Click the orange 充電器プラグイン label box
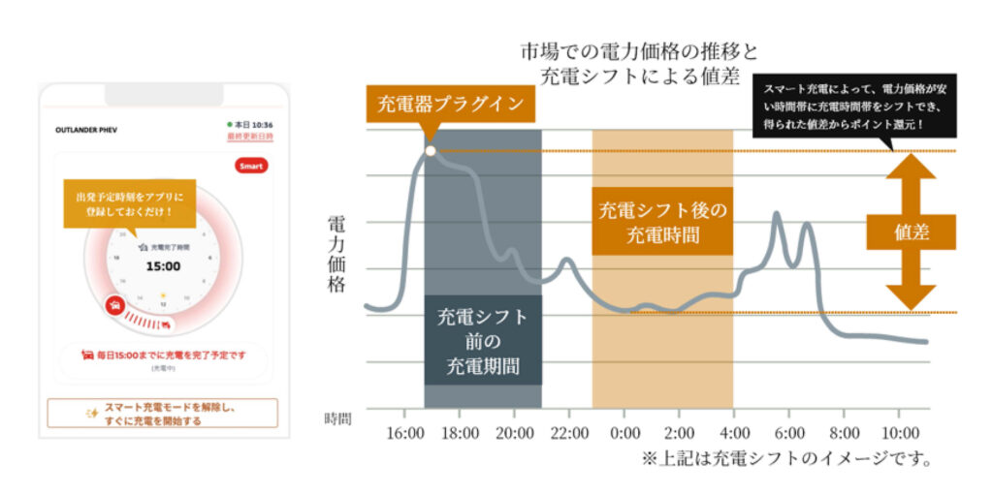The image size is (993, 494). (x=449, y=103)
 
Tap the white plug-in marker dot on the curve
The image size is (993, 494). (x=429, y=151)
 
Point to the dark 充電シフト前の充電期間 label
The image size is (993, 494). (x=483, y=341)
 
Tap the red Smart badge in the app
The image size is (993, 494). (x=252, y=167)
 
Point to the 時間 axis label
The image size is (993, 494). (x=337, y=418)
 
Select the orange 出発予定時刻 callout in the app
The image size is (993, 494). (x=129, y=203)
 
